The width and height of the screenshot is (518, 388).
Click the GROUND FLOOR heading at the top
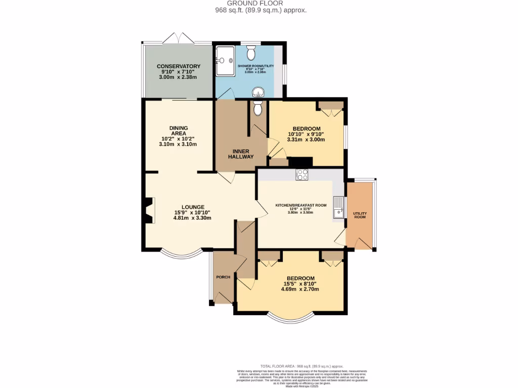[259, 3]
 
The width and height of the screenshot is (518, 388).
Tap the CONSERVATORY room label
[178, 66]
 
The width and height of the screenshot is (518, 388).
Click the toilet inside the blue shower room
[251, 52]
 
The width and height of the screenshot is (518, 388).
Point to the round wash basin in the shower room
[258, 92]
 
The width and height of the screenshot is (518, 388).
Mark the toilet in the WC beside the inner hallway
[257, 107]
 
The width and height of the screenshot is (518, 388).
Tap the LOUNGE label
[193, 207]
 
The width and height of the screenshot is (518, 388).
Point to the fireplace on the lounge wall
[148, 210]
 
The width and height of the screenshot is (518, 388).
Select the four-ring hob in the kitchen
[302, 175]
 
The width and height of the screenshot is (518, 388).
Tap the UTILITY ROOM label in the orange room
[360, 215]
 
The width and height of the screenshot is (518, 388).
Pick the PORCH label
[223, 277]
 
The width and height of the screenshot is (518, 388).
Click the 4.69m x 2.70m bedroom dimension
[300, 289]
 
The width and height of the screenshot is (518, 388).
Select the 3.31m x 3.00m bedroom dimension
[306, 139]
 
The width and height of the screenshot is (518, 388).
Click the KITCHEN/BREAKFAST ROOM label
[301, 205]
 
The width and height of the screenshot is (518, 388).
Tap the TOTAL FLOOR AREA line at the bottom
[301, 366]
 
